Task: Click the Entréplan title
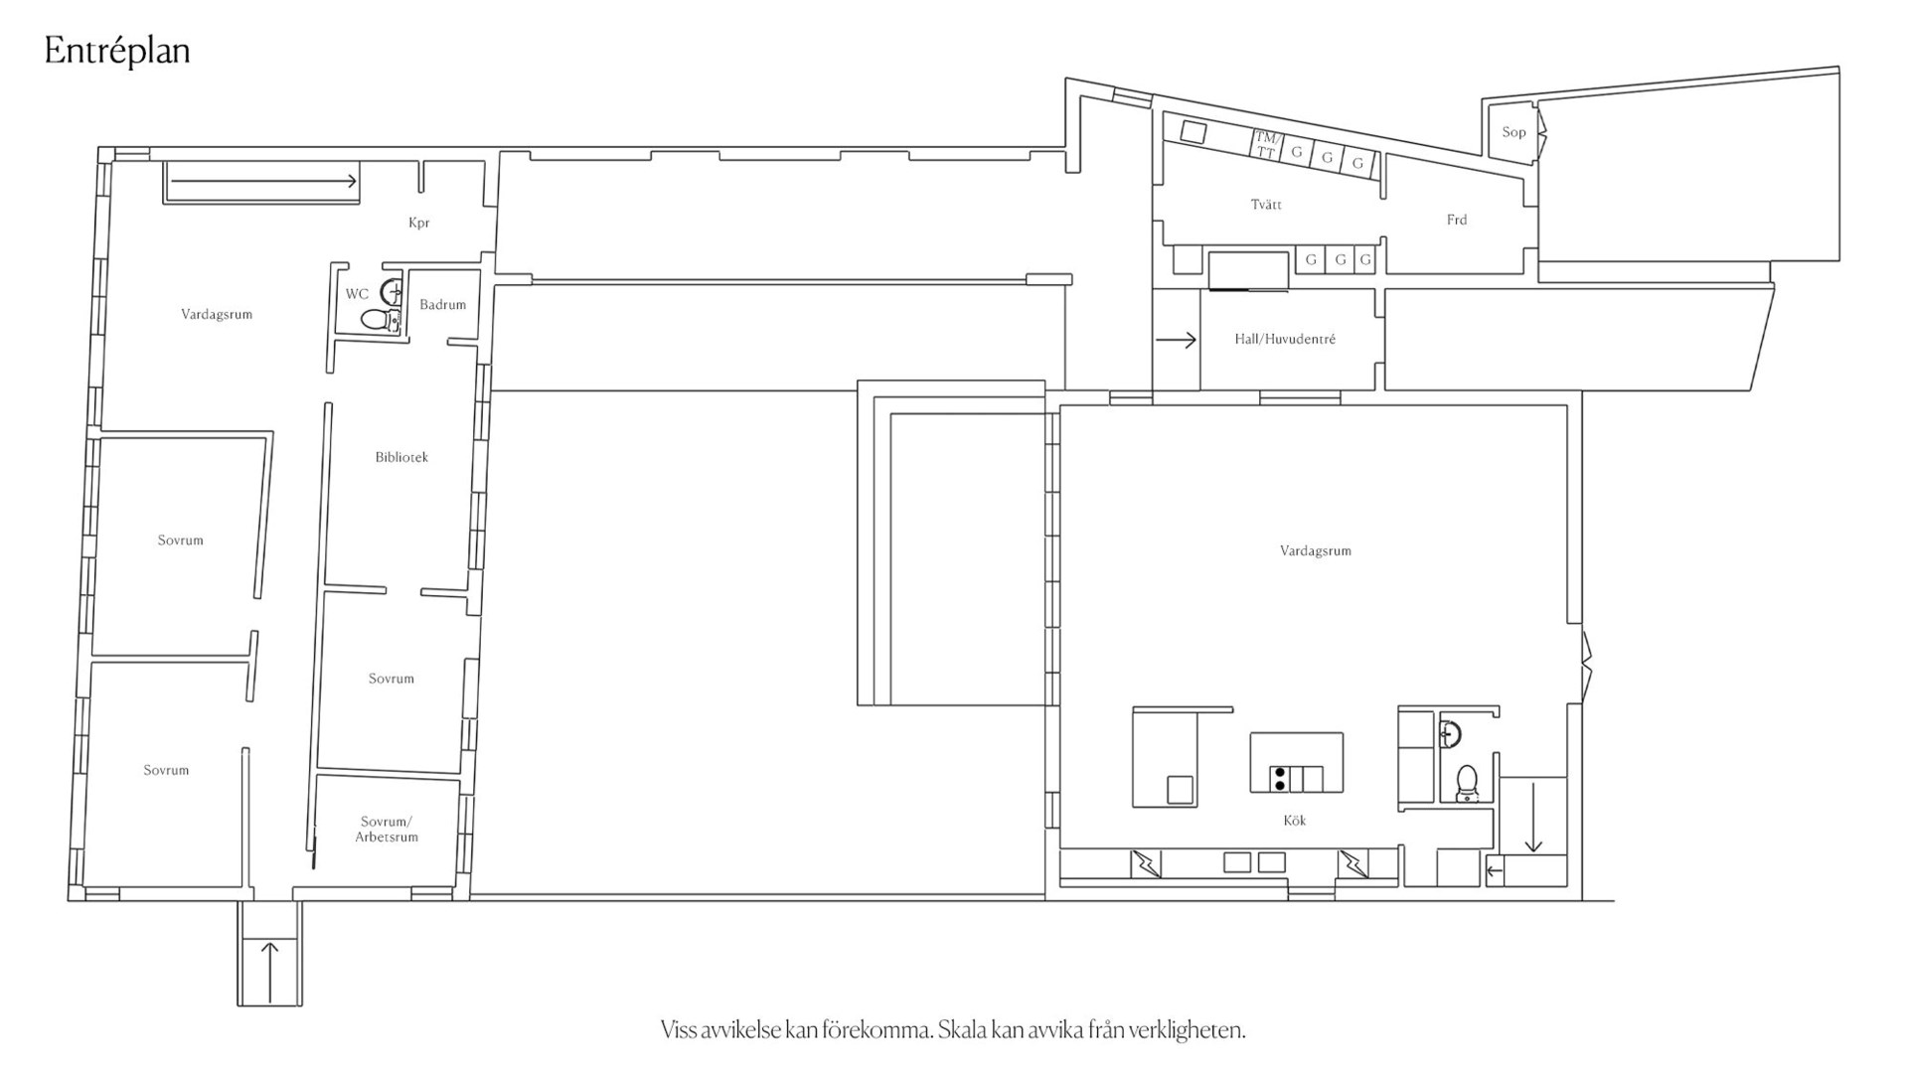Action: pos(117,52)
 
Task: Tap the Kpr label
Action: pos(419,223)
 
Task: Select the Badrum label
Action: pos(442,305)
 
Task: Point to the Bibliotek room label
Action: pos(401,457)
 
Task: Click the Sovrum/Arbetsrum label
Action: pos(387,829)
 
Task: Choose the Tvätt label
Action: pos(1266,205)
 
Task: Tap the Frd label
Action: pos(1457,220)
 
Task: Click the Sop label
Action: pos(1513,132)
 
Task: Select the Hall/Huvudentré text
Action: pos(1285,339)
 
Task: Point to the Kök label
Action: pos(1295,821)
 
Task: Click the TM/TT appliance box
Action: pos(1265,145)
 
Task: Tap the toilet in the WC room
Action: pos(378,320)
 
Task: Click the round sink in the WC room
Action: pos(393,291)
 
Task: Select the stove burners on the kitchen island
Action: pos(1280,779)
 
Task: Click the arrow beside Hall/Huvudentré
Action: pos(1177,340)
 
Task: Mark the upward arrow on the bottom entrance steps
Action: pos(269,972)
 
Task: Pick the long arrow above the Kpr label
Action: pos(263,181)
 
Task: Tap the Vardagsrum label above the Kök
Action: pos(1316,550)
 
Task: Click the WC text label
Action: pos(357,294)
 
